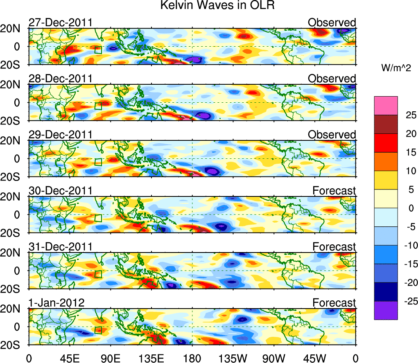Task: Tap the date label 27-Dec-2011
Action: [60, 23]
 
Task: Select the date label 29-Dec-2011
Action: [60, 135]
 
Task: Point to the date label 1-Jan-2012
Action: [56, 303]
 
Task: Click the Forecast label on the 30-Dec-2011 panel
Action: [334, 191]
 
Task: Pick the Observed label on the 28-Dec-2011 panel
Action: [332, 79]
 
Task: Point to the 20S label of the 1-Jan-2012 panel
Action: [14, 345]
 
